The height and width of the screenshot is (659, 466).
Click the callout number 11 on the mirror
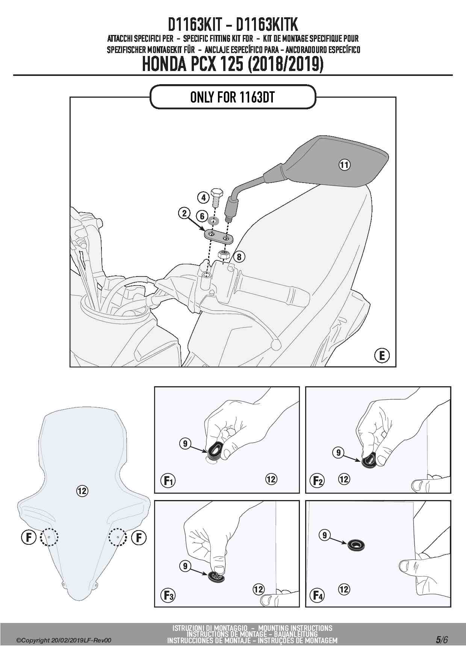coord(345,165)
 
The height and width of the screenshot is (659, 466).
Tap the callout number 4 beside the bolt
coord(203,197)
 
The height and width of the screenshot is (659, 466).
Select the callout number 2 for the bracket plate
coord(184,213)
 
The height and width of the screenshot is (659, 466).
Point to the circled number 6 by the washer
coord(202,216)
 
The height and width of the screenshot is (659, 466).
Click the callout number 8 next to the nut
coord(239,257)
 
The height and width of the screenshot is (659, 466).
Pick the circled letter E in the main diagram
coord(382,355)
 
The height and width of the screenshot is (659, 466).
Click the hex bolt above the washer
coord(216,198)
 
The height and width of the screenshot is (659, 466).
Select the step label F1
coord(168,481)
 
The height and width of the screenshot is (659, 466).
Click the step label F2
coord(319,481)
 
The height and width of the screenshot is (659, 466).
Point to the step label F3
coord(168,595)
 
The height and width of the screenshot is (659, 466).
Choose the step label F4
coord(319,595)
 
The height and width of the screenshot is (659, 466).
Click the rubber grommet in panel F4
coord(356,544)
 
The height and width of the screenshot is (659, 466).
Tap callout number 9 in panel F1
coord(185,444)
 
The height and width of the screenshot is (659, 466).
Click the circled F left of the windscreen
coord(29,537)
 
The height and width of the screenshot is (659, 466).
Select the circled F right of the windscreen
coord(139,537)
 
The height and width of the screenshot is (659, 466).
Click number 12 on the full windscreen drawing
coord(82,491)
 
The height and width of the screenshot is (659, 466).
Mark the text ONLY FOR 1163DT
coord(232,97)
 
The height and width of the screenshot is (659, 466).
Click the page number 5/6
coord(442,640)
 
